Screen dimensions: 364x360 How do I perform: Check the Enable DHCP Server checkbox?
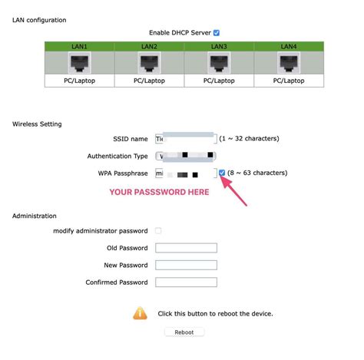click(x=217, y=33)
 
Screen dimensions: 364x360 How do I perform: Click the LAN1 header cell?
click(x=80, y=47)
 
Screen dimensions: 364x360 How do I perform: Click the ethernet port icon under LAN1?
click(x=80, y=63)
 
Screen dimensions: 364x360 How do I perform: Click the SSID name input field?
click(x=185, y=139)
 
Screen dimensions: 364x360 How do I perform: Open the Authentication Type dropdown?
click(x=185, y=156)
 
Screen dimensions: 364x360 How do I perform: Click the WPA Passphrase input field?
click(x=185, y=173)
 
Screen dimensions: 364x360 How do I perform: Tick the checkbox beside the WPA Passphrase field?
click(x=222, y=173)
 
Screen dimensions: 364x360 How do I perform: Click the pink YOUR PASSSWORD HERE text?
click(x=158, y=191)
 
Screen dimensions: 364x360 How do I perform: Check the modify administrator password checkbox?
click(x=158, y=230)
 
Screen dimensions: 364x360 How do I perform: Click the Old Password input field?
click(x=185, y=248)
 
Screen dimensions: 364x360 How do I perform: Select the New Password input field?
click(x=185, y=265)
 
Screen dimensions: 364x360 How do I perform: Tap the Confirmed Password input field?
click(x=185, y=282)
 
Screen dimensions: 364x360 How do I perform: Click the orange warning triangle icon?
click(x=140, y=313)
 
